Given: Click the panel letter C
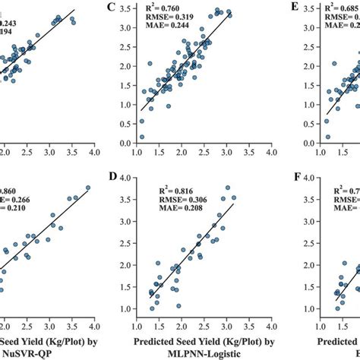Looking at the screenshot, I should (111, 8).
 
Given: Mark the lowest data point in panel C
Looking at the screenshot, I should (142, 137).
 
